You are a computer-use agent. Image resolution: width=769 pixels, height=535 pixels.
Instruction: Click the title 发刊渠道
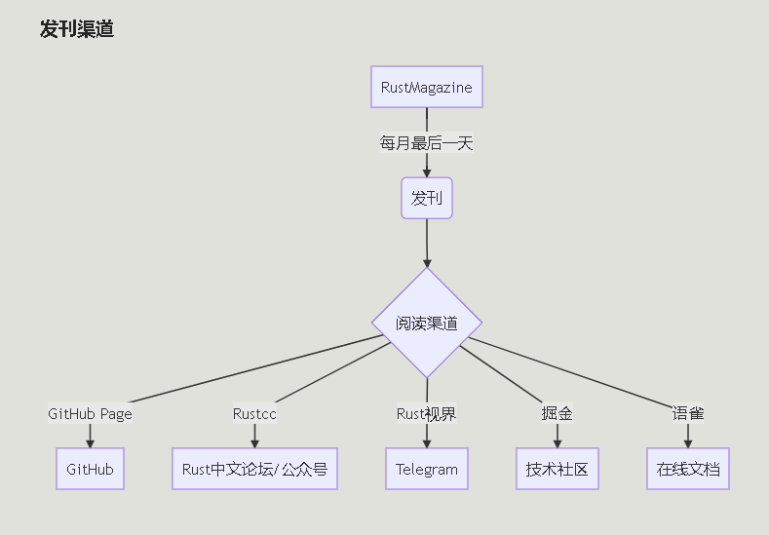pos(77,29)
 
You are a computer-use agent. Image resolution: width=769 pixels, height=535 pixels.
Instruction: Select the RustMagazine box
pos(427,87)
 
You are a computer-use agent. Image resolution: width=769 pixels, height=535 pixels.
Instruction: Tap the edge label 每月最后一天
pos(427,143)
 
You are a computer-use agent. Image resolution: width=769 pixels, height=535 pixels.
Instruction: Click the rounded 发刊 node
pos(427,199)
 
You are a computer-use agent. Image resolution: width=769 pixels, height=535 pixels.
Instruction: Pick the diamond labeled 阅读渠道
pos(427,324)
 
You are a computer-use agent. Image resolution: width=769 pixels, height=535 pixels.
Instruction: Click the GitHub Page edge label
pos(90,413)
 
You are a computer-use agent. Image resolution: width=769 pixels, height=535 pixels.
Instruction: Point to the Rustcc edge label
pos(254,413)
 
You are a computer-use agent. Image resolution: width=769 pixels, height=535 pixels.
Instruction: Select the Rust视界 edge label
pos(427,413)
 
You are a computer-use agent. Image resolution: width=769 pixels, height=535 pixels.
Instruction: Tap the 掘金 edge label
pos(558,413)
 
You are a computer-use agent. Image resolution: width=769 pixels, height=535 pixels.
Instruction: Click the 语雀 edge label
pos(688,413)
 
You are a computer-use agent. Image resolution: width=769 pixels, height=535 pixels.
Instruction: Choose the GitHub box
pos(90,469)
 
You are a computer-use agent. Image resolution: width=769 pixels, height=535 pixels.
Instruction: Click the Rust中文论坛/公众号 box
pos(254,469)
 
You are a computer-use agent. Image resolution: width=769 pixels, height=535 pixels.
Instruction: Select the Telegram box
pos(427,469)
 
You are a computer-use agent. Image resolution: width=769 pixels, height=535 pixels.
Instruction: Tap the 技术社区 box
pos(558,469)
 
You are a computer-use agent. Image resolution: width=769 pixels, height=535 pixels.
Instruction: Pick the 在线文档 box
pos(688,469)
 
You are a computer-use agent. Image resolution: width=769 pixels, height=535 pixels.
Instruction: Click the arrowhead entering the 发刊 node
pos(427,172)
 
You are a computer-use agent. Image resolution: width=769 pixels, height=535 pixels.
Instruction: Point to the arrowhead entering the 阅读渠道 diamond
pos(427,262)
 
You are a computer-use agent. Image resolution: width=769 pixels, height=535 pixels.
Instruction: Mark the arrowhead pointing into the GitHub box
pos(90,442)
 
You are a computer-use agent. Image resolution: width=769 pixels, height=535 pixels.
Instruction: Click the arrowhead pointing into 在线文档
pos(688,442)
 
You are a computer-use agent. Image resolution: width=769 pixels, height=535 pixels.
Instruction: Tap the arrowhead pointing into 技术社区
pos(558,442)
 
